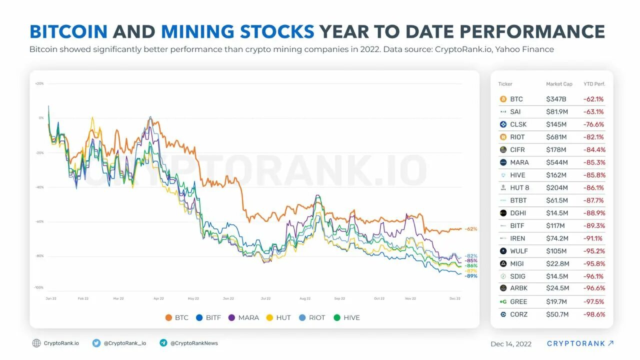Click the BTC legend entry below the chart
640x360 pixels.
pyautogui.click(x=177, y=317)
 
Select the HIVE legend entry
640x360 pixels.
pyautogui.click(x=346, y=317)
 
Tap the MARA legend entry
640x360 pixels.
pyautogui.click(x=243, y=317)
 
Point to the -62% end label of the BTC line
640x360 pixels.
pyautogui.click(x=470, y=229)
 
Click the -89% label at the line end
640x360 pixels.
pyautogui.click(x=470, y=276)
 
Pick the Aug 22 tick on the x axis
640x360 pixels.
pyautogui.click(x=305, y=298)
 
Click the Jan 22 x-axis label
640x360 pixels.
pyautogui.click(x=51, y=298)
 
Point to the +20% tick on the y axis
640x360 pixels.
pyautogui.click(x=39, y=83)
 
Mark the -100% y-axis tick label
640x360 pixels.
pyautogui.click(x=38, y=287)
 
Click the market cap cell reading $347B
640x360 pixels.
pyautogui.click(x=556, y=99)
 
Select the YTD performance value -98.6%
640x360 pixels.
pyautogui.click(x=594, y=314)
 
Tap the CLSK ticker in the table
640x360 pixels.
pyautogui.click(x=518, y=124)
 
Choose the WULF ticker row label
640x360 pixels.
pyautogui.click(x=518, y=251)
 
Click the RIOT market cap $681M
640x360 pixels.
pyautogui.click(x=556, y=137)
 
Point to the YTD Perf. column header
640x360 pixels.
pyautogui.click(x=594, y=84)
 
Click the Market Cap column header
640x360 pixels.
pyautogui.click(x=559, y=84)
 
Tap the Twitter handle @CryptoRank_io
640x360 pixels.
pyautogui.click(x=124, y=343)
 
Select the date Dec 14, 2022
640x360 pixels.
pyautogui.click(x=511, y=344)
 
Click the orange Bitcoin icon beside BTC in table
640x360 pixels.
pyautogui.click(x=503, y=99)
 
